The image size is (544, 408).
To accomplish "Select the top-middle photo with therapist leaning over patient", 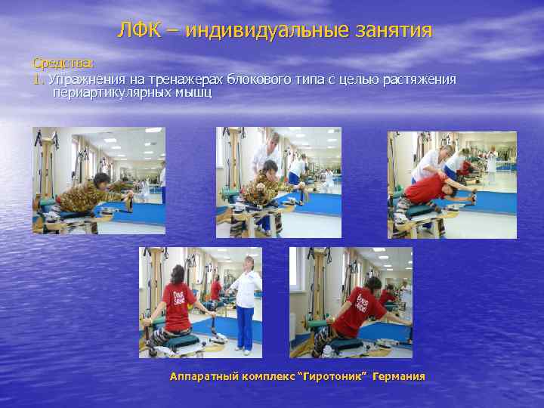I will point(278,182).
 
